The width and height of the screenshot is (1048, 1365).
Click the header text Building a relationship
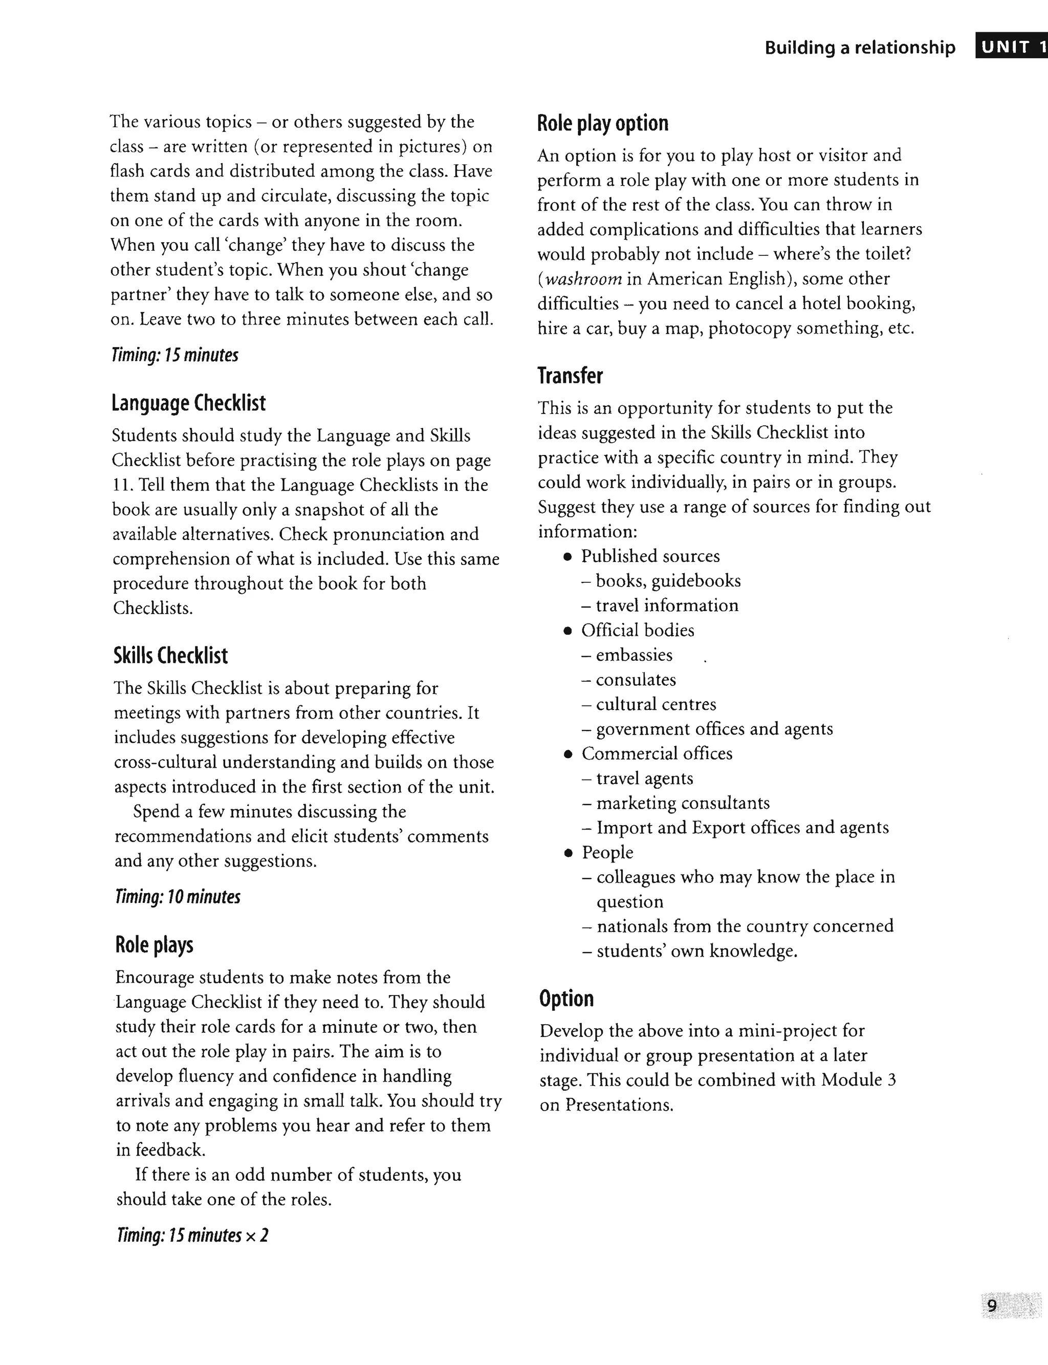pyautogui.click(x=860, y=48)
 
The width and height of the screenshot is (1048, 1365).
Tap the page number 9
pyautogui.click(x=992, y=1306)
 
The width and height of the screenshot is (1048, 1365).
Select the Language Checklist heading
pyautogui.click(x=188, y=403)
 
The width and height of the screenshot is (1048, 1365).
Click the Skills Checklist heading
pyautogui.click(x=170, y=656)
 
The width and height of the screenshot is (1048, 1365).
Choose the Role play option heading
pyautogui.click(x=603, y=123)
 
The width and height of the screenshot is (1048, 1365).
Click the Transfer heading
pyautogui.click(x=570, y=376)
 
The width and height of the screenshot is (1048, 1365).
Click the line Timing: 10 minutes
pyautogui.click(x=178, y=897)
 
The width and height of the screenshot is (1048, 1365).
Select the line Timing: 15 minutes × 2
pyautogui.click(x=192, y=1235)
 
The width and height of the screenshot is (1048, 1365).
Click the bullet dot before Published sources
pyautogui.click(x=567, y=556)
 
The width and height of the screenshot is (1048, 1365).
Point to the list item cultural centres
pyautogui.click(x=656, y=704)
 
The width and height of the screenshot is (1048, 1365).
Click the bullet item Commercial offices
pyautogui.click(x=657, y=753)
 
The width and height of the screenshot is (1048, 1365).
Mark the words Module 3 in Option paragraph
pyautogui.click(x=858, y=1080)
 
